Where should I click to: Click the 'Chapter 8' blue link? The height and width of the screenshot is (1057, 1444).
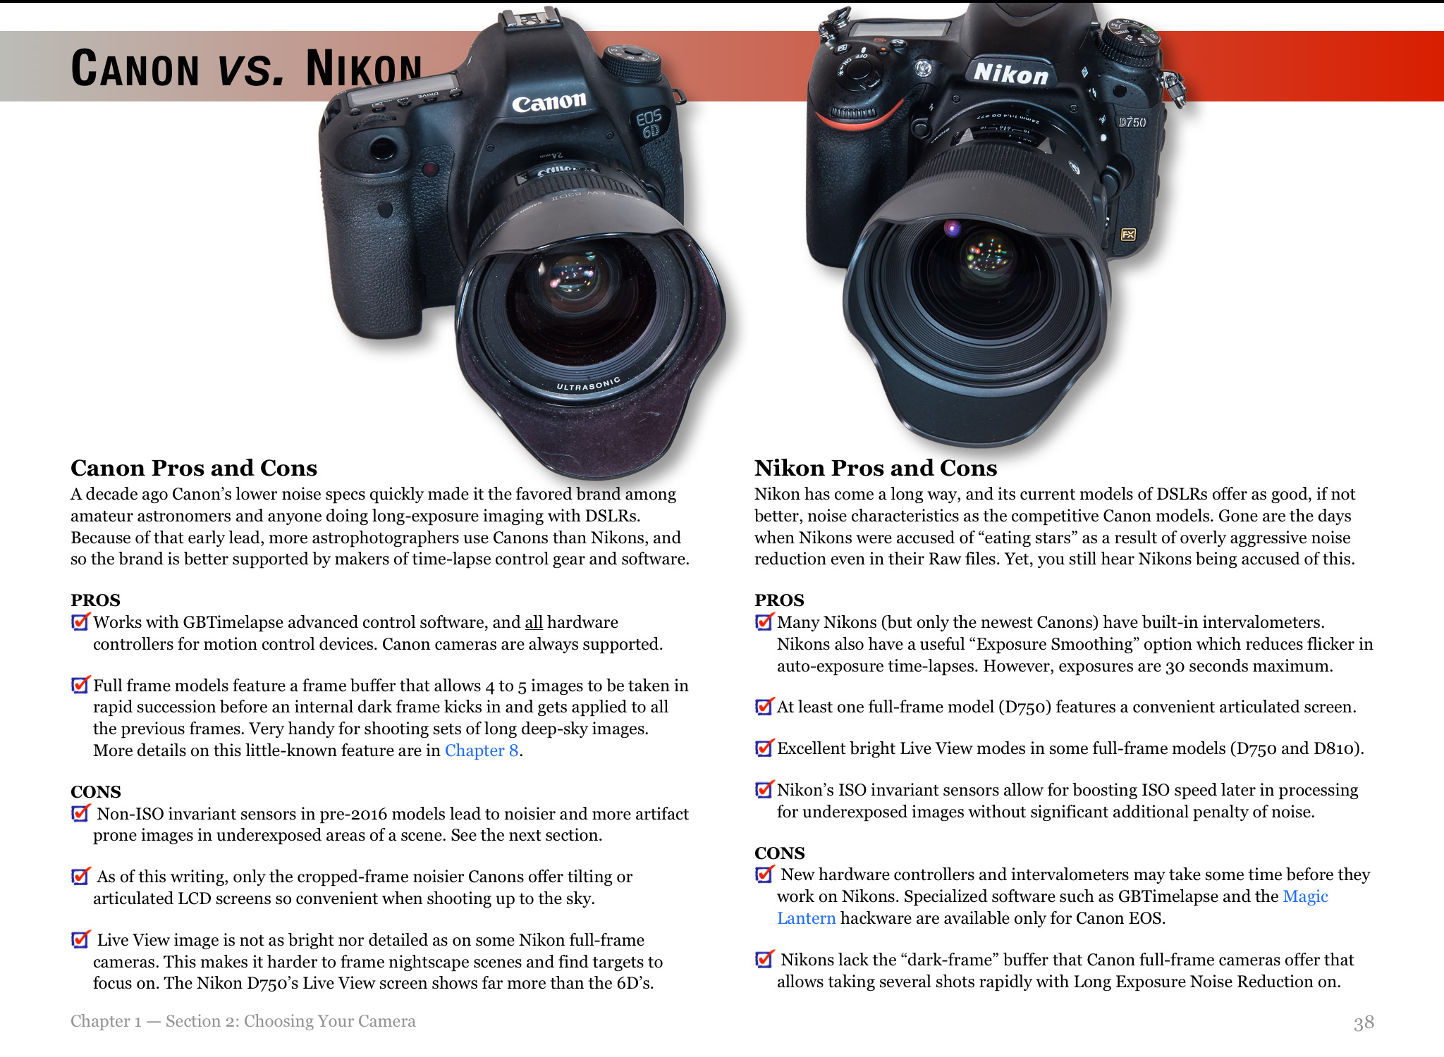click(x=482, y=750)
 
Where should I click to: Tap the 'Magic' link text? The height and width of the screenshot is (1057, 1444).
click(x=1305, y=896)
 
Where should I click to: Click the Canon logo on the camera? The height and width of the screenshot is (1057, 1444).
click(x=549, y=103)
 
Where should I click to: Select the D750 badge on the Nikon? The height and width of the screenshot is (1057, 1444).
click(x=1132, y=122)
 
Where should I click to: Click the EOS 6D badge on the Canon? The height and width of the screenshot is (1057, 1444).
click(x=649, y=124)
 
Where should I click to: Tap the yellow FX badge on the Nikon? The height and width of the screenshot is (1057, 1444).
click(x=1128, y=235)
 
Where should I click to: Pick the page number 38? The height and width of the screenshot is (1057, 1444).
click(x=1364, y=1022)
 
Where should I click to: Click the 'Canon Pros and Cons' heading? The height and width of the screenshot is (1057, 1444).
click(x=194, y=468)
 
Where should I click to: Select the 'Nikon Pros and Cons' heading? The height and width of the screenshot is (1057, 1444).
click(x=876, y=468)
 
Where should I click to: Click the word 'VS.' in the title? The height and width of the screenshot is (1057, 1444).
click(x=251, y=69)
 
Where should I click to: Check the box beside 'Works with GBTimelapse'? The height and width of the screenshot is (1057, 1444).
click(x=80, y=622)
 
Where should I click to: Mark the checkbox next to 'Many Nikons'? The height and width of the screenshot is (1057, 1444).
click(x=764, y=622)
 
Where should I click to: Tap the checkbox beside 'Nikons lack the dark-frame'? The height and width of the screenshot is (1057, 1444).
click(x=764, y=959)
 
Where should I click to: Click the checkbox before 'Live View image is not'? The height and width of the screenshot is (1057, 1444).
click(x=80, y=939)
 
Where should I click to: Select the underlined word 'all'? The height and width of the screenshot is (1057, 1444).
click(x=534, y=622)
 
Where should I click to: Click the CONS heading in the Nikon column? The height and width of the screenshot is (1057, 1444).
click(x=779, y=853)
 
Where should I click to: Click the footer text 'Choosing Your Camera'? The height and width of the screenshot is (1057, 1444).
click(x=329, y=1022)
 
